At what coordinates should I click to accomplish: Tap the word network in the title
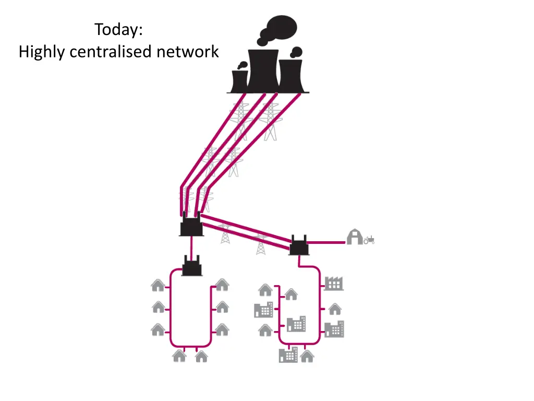click(x=187, y=52)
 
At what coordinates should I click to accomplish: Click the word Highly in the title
click(x=42, y=52)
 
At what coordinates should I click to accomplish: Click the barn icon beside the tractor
click(x=355, y=237)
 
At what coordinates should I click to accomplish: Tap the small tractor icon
click(x=369, y=240)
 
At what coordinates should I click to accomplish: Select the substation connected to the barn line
click(x=299, y=245)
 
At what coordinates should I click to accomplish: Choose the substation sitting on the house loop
click(x=192, y=266)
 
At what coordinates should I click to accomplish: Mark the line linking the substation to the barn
click(x=326, y=242)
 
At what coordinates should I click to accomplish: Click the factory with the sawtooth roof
click(x=334, y=284)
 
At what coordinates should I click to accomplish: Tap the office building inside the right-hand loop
click(x=296, y=324)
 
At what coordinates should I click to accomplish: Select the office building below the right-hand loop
click(x=288, y=355)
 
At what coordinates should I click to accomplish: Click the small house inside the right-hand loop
click(x=291, y=294)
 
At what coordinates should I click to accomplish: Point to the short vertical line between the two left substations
click(x=191, y=246)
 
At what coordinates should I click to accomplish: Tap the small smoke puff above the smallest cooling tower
click(x=243, y=65)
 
